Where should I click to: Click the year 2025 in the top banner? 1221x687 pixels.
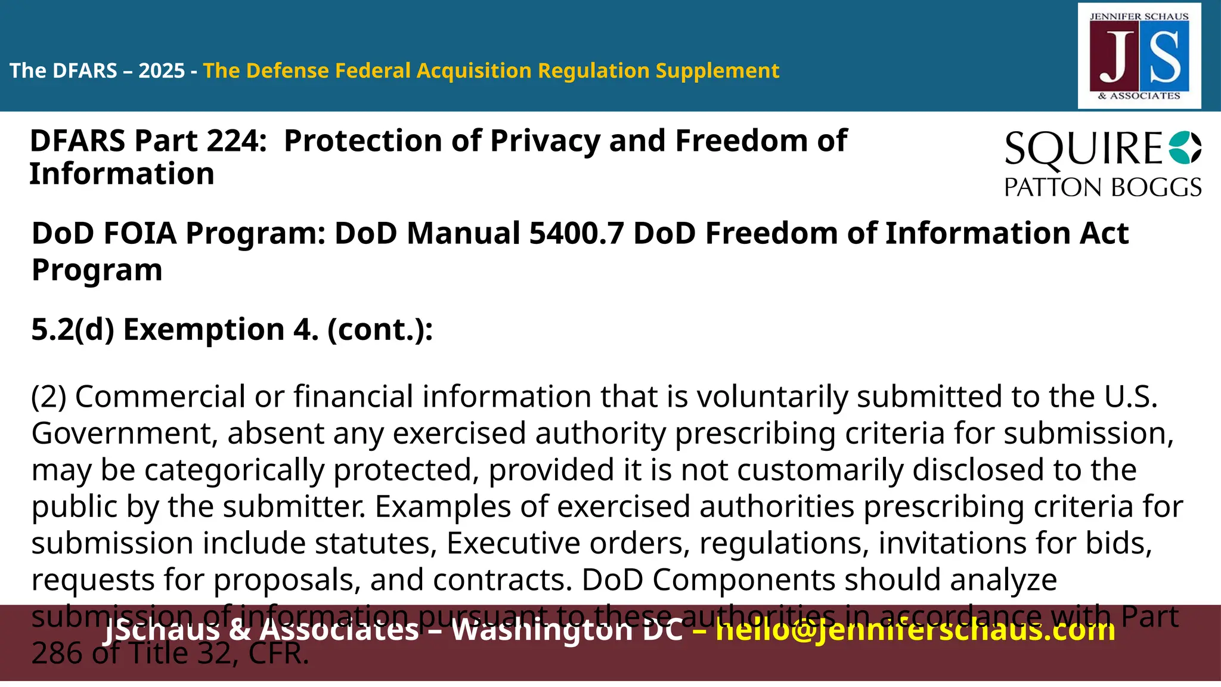click(162, 71)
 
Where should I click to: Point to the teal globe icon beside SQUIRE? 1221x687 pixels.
click(1185, 147)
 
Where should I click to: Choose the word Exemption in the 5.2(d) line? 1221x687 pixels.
click(204, 330)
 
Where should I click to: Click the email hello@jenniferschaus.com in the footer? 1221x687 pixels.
click(915, 630)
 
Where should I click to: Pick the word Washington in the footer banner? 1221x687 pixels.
click(566, 630)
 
